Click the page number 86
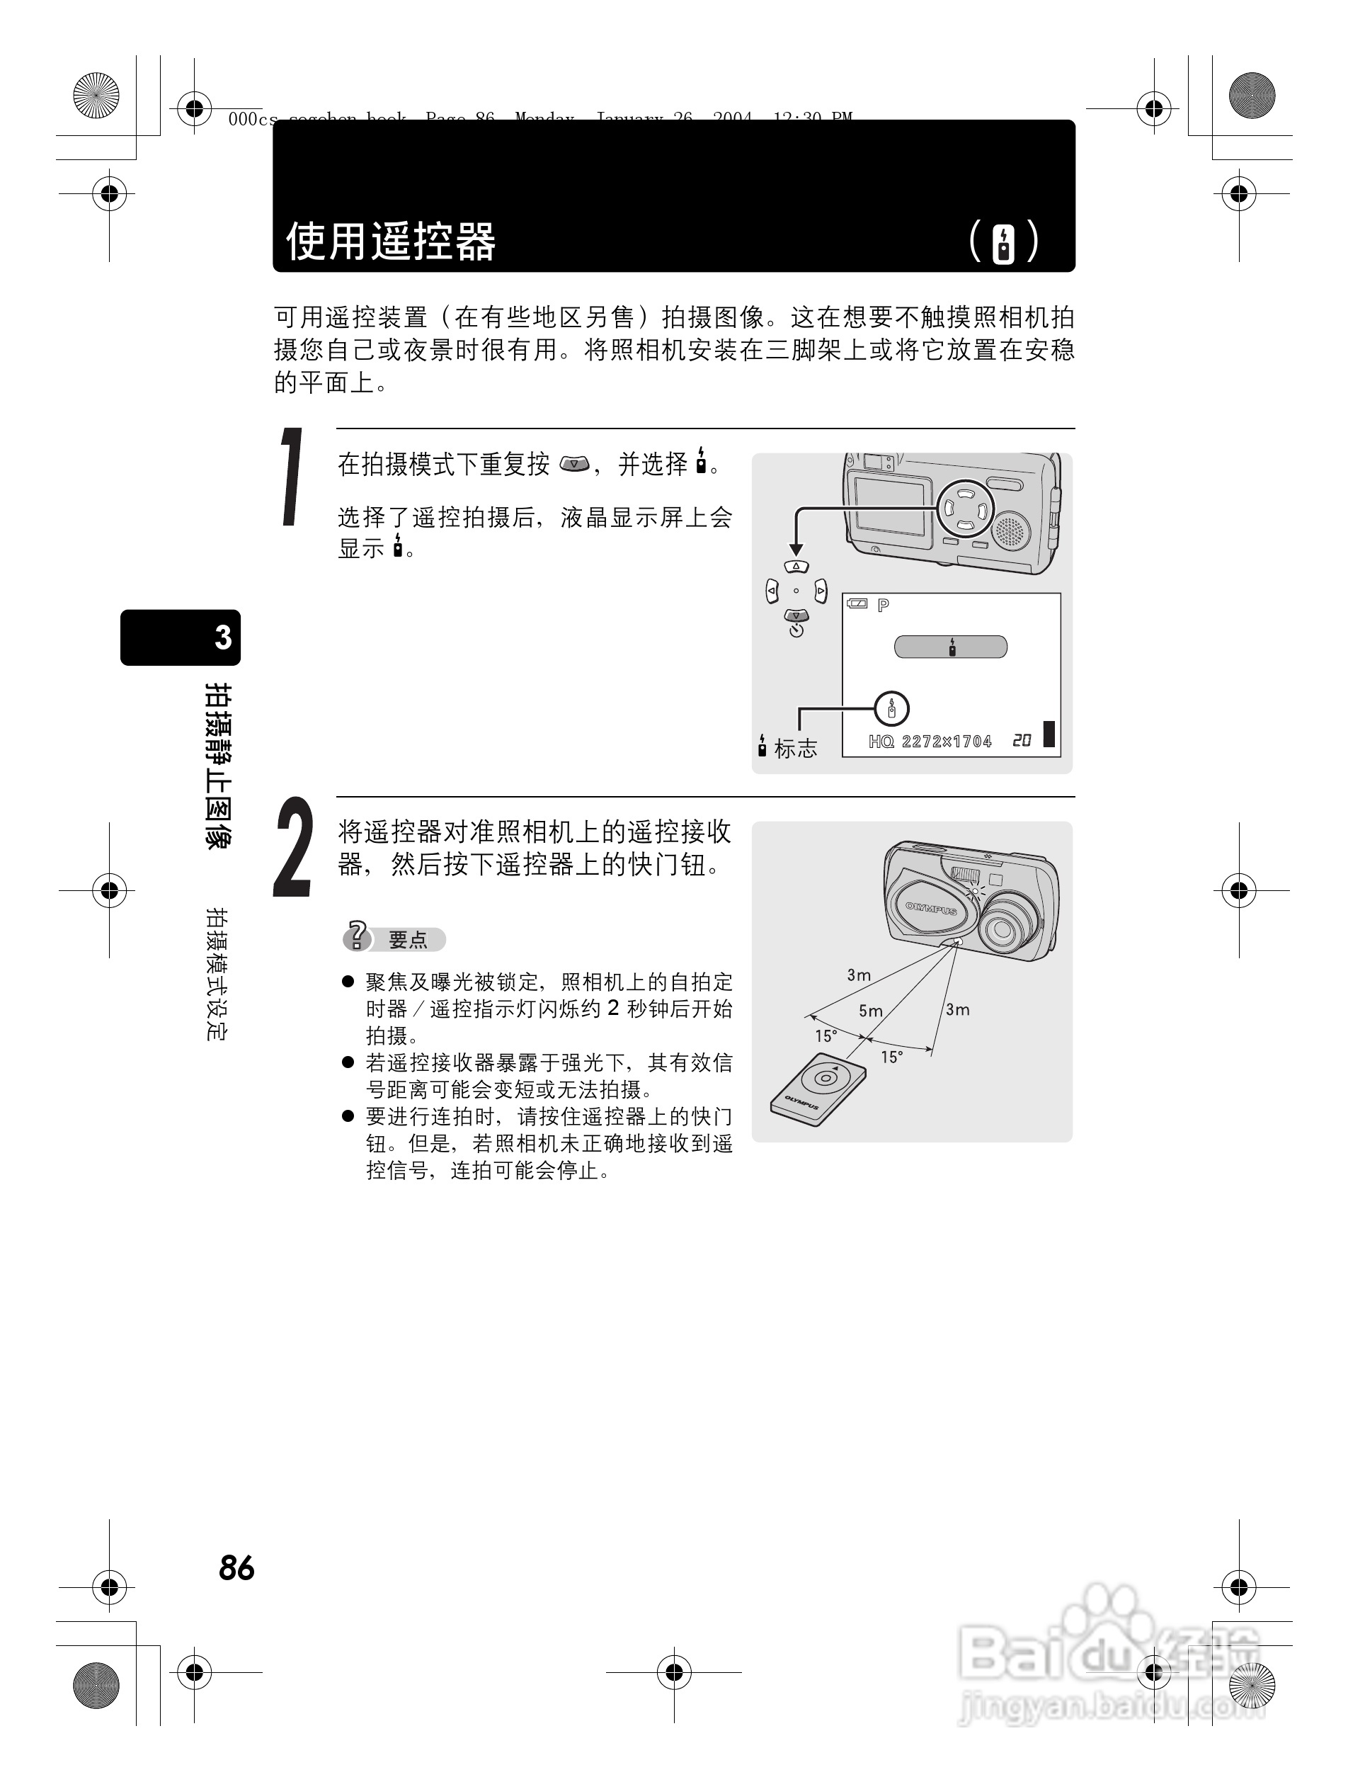236,1567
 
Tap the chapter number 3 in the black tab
223,638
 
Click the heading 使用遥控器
391,241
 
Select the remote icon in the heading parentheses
1003,242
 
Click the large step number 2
293,848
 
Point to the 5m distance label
871,1011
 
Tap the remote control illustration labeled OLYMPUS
817,1091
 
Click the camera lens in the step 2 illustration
1003,929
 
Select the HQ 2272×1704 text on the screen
930,741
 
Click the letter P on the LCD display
884,605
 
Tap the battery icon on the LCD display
857,604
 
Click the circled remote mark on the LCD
891,709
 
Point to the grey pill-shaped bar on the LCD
950,647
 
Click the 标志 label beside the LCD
796,749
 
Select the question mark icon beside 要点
356,936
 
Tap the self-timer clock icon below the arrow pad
796,631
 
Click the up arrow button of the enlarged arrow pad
796,567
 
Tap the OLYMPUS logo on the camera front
930,908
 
